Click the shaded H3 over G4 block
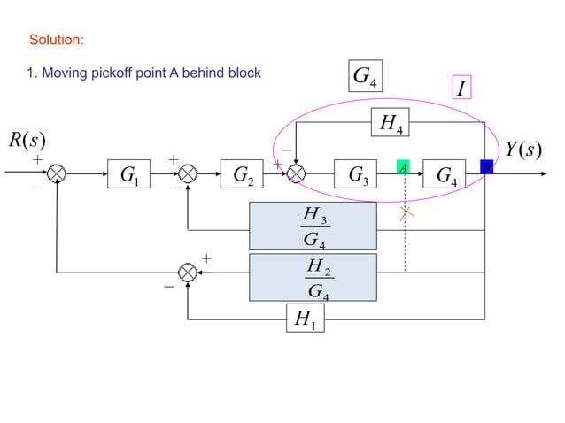[313, 227]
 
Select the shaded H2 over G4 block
[313, 277]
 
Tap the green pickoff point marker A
[403, 167]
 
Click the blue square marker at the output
[485, 166]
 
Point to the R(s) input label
[27, 141]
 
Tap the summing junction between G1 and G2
[188, 174]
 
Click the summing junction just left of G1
[57, 174]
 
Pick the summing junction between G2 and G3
[296, 174]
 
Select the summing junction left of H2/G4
[188, 273]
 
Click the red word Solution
[57, 41]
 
